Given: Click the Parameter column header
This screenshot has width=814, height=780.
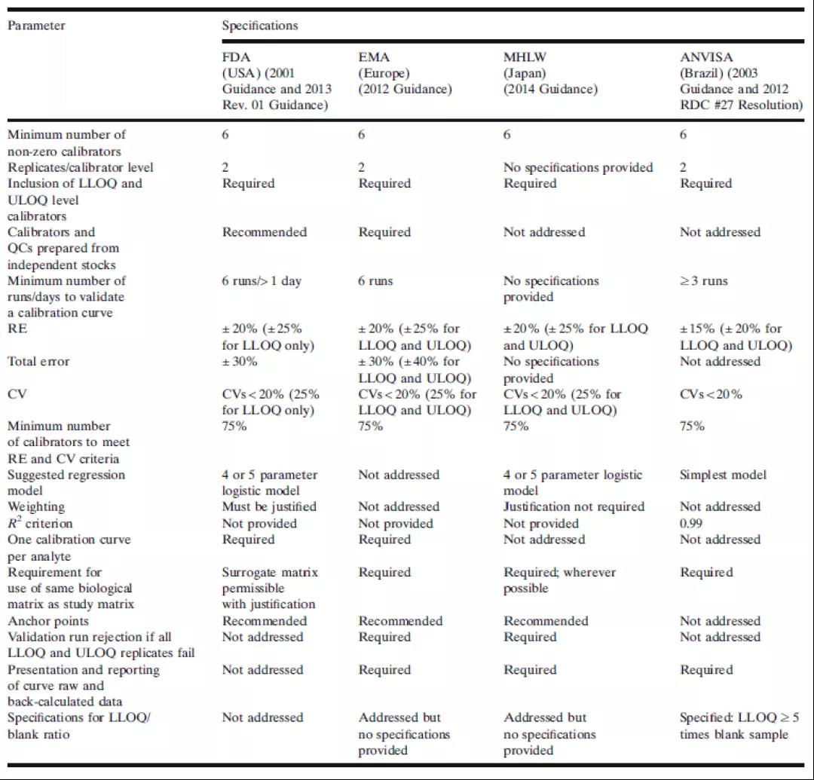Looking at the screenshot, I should pyautogui.click(x=36, y=26).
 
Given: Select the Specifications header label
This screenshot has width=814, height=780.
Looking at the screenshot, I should pyautogui.click(x=260, y=26).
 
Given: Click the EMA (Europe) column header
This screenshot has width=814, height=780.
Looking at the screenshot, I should pyautogui.click(x=405, y=73).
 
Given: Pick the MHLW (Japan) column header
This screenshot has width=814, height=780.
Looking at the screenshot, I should pyautogui.click(x=550, y=73).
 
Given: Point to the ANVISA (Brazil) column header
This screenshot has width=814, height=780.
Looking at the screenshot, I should pyautogui.click(x=741, y=81).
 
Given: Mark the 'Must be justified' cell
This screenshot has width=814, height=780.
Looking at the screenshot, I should pyautogui.click(x=269, y=506).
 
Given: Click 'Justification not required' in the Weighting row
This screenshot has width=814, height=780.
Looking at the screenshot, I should pyautogui.click(x=574, y=506).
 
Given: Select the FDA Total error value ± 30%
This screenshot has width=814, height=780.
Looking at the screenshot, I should pyautogui.click(x=240, y=362).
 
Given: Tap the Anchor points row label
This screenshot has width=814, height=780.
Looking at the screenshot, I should pyautogui.click(x=48, y=621).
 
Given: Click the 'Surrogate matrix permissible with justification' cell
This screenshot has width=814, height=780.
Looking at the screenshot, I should pyautogui.click(x=270, y=588).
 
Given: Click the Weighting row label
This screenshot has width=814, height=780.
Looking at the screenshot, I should pyautogui.click(x=36, y=506).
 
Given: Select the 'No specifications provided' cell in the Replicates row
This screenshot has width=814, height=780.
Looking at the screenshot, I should pyautogui.click(x=578, y=167).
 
